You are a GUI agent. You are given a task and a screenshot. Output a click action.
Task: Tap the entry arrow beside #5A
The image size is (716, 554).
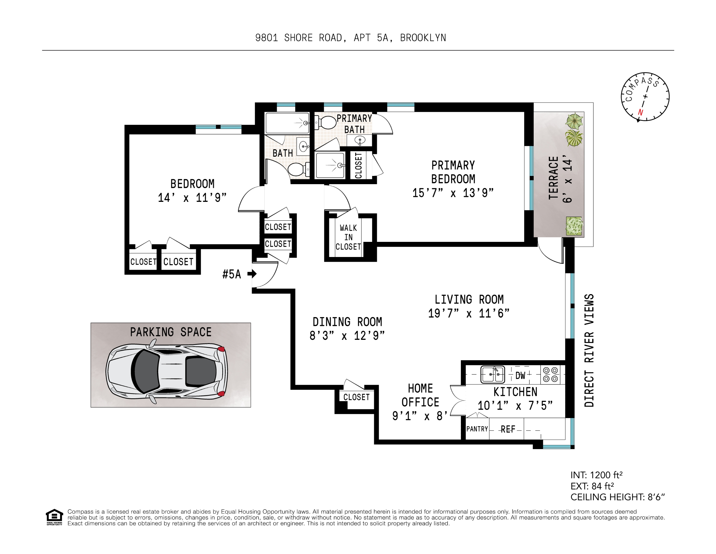coord(252,274)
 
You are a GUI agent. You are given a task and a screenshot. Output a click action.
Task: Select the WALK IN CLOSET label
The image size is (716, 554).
coord(348,237)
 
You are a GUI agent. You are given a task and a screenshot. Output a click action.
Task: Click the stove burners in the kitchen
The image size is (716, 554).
coord(550,374)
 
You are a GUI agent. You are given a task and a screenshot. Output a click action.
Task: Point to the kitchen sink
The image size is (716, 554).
coord(492,374)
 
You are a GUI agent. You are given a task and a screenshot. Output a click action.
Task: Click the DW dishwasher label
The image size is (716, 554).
coord(520,375)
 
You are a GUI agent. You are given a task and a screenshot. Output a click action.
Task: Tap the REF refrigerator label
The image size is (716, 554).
coord(508,429)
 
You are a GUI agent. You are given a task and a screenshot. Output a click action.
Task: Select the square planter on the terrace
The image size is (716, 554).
coord(574,226)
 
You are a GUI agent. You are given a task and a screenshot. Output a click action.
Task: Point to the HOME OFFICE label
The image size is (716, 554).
coord(420,395)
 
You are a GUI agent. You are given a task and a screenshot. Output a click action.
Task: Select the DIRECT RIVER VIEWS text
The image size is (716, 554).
coord(589,350)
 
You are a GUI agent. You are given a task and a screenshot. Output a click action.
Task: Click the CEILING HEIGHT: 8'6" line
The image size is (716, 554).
coord(618,497)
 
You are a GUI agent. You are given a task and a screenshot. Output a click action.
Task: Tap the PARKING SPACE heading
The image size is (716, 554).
coord(171,332)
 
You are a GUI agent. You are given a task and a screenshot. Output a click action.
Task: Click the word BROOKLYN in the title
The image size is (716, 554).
coord(423,38)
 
